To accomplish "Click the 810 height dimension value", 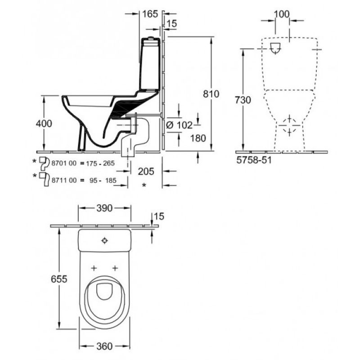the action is click(211, 94).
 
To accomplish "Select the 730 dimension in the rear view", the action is click(243, 100).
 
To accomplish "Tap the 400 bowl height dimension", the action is click(44, 123).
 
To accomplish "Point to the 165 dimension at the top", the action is click(150, 14).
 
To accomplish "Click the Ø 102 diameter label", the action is click(179, 126).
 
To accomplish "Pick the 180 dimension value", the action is click(198, 138).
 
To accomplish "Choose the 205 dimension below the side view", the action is click(146, 171).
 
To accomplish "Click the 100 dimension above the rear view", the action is click(282, 14).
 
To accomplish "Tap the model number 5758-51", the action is click(254, 160).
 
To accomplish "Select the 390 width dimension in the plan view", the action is click(104, 208).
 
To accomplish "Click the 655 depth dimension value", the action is click(59, 279).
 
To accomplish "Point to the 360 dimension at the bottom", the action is click(104, 346).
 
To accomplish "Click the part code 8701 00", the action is click(64, 163).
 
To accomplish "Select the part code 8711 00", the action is click(64, 180).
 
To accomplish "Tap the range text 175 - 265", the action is click(100, 163).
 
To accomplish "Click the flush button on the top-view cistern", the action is click(104, 241).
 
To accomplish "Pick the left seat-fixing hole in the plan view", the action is click(94, 268).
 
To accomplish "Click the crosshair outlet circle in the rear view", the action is click(289, 126).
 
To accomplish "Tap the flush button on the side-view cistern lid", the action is click(151, 38).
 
